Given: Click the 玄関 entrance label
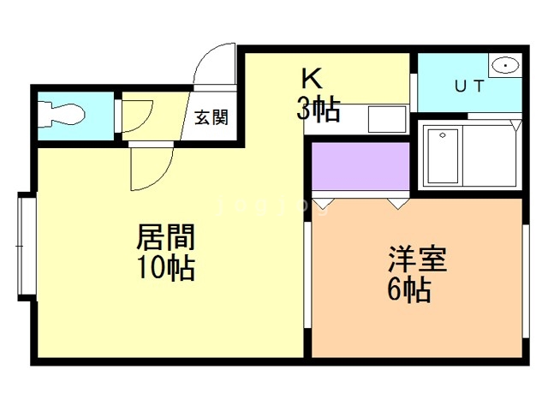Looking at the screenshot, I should [211, 118].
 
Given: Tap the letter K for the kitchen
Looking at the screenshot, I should [310, 78].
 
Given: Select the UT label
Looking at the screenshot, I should [468, 86].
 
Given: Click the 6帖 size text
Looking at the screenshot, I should [408, 289].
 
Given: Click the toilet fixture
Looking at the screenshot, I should [62, 115].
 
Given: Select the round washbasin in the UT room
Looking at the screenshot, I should [506, 66].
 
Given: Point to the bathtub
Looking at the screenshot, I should [443, 156].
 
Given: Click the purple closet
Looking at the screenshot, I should [360, 167].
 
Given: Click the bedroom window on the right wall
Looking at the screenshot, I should [524, 282].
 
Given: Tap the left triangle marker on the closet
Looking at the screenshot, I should [323, 205].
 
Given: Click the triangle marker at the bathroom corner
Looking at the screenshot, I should [516, 125].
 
